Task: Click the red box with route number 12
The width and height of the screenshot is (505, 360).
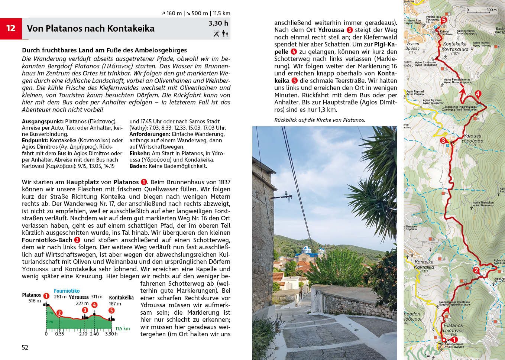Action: (11, 28)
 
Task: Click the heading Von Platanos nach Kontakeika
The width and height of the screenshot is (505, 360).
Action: (91, 29)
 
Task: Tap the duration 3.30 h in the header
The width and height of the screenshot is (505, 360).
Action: (218, 23)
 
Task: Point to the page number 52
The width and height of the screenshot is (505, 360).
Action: (25, 347)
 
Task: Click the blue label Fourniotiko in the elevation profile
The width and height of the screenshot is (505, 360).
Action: (67, 291)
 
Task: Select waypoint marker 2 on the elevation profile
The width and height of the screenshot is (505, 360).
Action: (59, 313)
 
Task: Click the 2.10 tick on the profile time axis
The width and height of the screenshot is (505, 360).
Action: (83, 334)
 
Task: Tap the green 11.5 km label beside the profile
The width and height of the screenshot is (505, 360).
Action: (122, 328)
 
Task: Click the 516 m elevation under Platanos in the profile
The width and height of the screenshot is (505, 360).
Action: (35, 301)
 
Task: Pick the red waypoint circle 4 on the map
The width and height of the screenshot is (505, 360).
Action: (478, 94)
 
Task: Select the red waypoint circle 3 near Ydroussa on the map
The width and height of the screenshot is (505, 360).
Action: (443, 141)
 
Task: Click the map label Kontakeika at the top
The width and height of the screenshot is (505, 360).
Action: (454, 44)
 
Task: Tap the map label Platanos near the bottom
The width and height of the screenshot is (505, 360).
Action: (453, 325)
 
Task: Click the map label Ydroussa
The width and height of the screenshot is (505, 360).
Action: (472, 136)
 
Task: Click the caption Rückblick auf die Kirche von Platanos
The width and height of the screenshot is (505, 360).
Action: (320, 120)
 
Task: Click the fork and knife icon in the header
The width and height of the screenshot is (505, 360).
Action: (216, 33)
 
